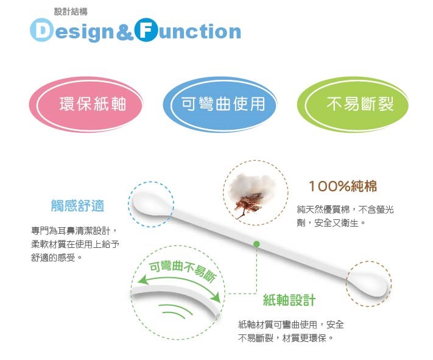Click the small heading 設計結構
coord(71,12)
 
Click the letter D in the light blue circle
coord(41,30)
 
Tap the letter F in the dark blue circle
coord(146,30)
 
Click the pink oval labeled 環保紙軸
coord(86,104)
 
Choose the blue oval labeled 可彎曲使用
coord(220,104)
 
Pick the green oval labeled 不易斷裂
coord(353,104)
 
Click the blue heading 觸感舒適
coord(77,205)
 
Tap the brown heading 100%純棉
coord(343,186)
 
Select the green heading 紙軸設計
coord(289,300)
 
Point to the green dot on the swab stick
coord(256,244)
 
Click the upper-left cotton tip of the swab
coord(150,205)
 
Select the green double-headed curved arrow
coord(180,284)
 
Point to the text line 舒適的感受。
coord(57,258)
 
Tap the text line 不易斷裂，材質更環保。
coord(286,337)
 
